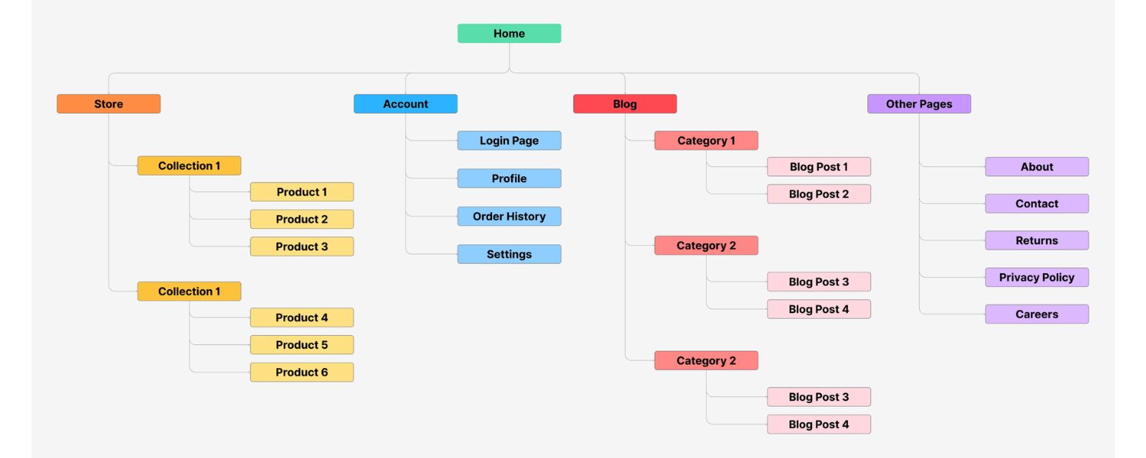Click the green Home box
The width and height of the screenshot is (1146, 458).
[509, 34]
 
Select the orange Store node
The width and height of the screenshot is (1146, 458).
[108, 104]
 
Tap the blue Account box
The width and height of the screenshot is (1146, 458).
[405, 104]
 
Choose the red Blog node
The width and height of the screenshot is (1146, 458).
[624, 104]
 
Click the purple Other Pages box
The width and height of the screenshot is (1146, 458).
[918, 104]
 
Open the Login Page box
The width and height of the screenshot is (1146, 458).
[509, 140]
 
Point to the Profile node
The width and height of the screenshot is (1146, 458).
[509, 179]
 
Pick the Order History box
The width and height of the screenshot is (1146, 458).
[509, 216]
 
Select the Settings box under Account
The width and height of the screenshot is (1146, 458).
[509, 254]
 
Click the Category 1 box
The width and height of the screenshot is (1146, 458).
[706, 140]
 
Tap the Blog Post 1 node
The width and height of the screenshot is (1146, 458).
[818, 167]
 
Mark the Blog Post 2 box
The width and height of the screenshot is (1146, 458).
[818, 194]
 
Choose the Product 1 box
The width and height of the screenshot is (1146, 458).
[301, 192]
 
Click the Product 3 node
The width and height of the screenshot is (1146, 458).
[301, 247]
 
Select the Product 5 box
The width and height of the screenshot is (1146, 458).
[301, 345]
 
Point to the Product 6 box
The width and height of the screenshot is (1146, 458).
[301, 373]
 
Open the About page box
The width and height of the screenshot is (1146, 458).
[1036, 167]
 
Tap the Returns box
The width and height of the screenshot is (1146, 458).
[1036, 240]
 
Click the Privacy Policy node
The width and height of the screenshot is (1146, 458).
[1036, 277]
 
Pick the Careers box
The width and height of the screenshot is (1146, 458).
[1036, 314]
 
